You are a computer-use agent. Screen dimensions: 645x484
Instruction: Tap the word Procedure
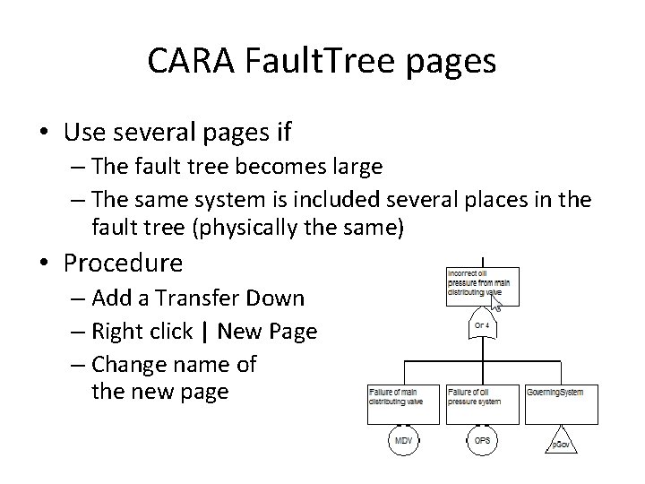pyautogui.click(x=124, y=264)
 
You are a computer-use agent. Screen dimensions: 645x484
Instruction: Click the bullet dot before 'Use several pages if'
pyautogui.click(x=44, y=134)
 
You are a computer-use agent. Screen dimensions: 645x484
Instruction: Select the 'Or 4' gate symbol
pyautogui.click(x=481, y=324)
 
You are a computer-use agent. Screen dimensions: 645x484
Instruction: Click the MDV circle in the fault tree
pyautogui.click(x=405, y=443)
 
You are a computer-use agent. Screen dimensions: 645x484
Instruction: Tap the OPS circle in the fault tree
pyautogui.click(x=482, y=443)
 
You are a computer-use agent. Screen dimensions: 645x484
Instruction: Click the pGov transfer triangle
pyautogui.click(x=561, y=443)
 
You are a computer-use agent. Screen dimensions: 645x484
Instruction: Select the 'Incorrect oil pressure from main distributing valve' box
pyautogui.click(x=481, y=284)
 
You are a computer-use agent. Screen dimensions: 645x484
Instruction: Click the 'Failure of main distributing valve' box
pyautogui.click(x=405, y=402)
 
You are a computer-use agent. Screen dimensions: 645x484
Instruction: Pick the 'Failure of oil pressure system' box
pyautogui.click(x=482, y=402)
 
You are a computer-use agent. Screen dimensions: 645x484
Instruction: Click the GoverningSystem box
pyautogui.click(x=561, y=402)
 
